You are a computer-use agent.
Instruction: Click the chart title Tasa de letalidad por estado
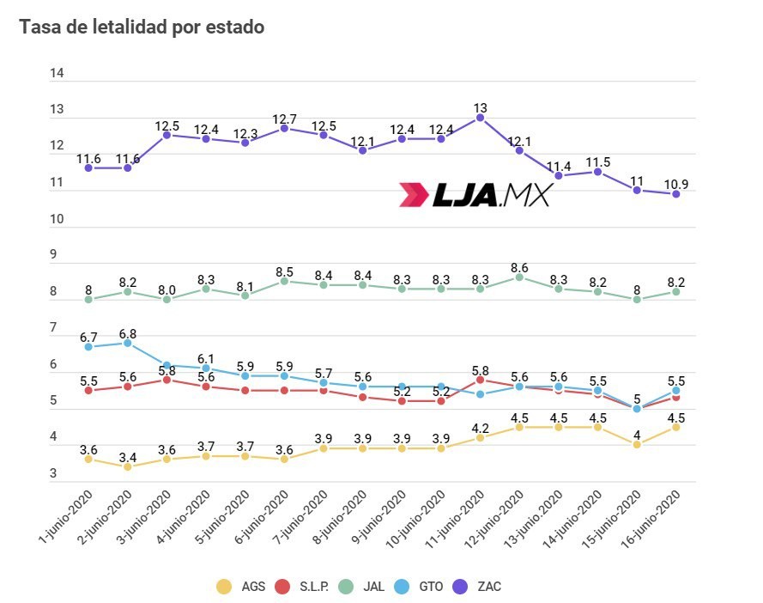coord(142,27)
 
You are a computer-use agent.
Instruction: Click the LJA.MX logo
coord(474,195)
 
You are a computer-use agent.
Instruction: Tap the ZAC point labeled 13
coord(480,118)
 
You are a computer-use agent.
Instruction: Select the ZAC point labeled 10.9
coord(675,194)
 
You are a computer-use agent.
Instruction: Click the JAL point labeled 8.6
coord(519,277)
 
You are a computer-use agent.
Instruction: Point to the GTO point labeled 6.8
coord(128,343)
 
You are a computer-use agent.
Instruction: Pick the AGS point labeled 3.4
coord(128,466)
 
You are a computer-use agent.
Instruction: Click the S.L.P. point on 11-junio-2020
coord(480,379)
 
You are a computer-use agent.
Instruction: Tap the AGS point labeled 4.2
coord(480,437)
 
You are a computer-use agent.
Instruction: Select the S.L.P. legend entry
coord(305,587)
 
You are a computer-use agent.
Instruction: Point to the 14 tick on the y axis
coord(58,74)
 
